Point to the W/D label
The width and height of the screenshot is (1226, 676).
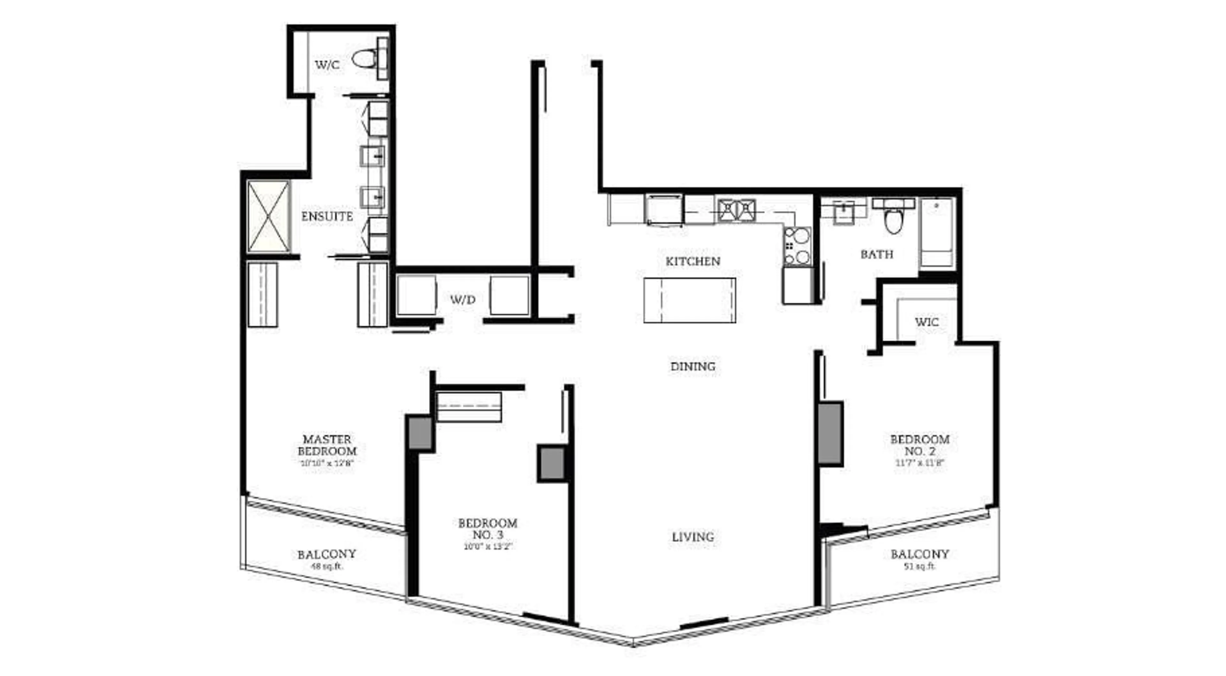[x=463, y=300]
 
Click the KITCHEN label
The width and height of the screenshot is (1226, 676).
[x=692, y=261]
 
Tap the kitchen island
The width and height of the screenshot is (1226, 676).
[x=690, y=300]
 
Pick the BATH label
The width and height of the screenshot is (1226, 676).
[x=877, y=254]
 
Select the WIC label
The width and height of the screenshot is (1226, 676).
[x=926, y=322]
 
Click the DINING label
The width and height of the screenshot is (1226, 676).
[x=692, y=366]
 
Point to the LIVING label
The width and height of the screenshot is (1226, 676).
[x=692, y=537]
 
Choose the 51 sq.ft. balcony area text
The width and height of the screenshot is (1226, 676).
[x=919, y=566]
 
